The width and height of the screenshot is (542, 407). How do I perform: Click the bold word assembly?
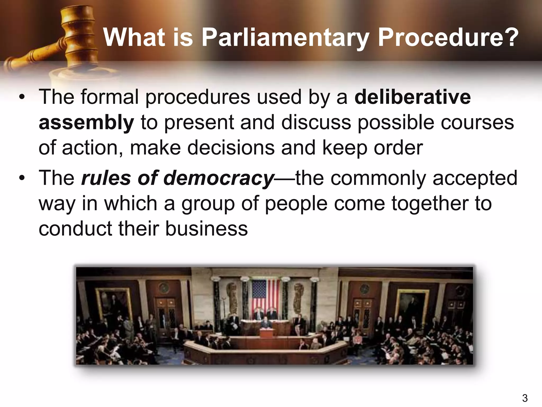coord(86,122)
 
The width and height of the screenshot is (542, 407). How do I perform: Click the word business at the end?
coord(206,228)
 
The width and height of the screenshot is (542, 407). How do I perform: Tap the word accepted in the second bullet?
coord(475,178)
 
